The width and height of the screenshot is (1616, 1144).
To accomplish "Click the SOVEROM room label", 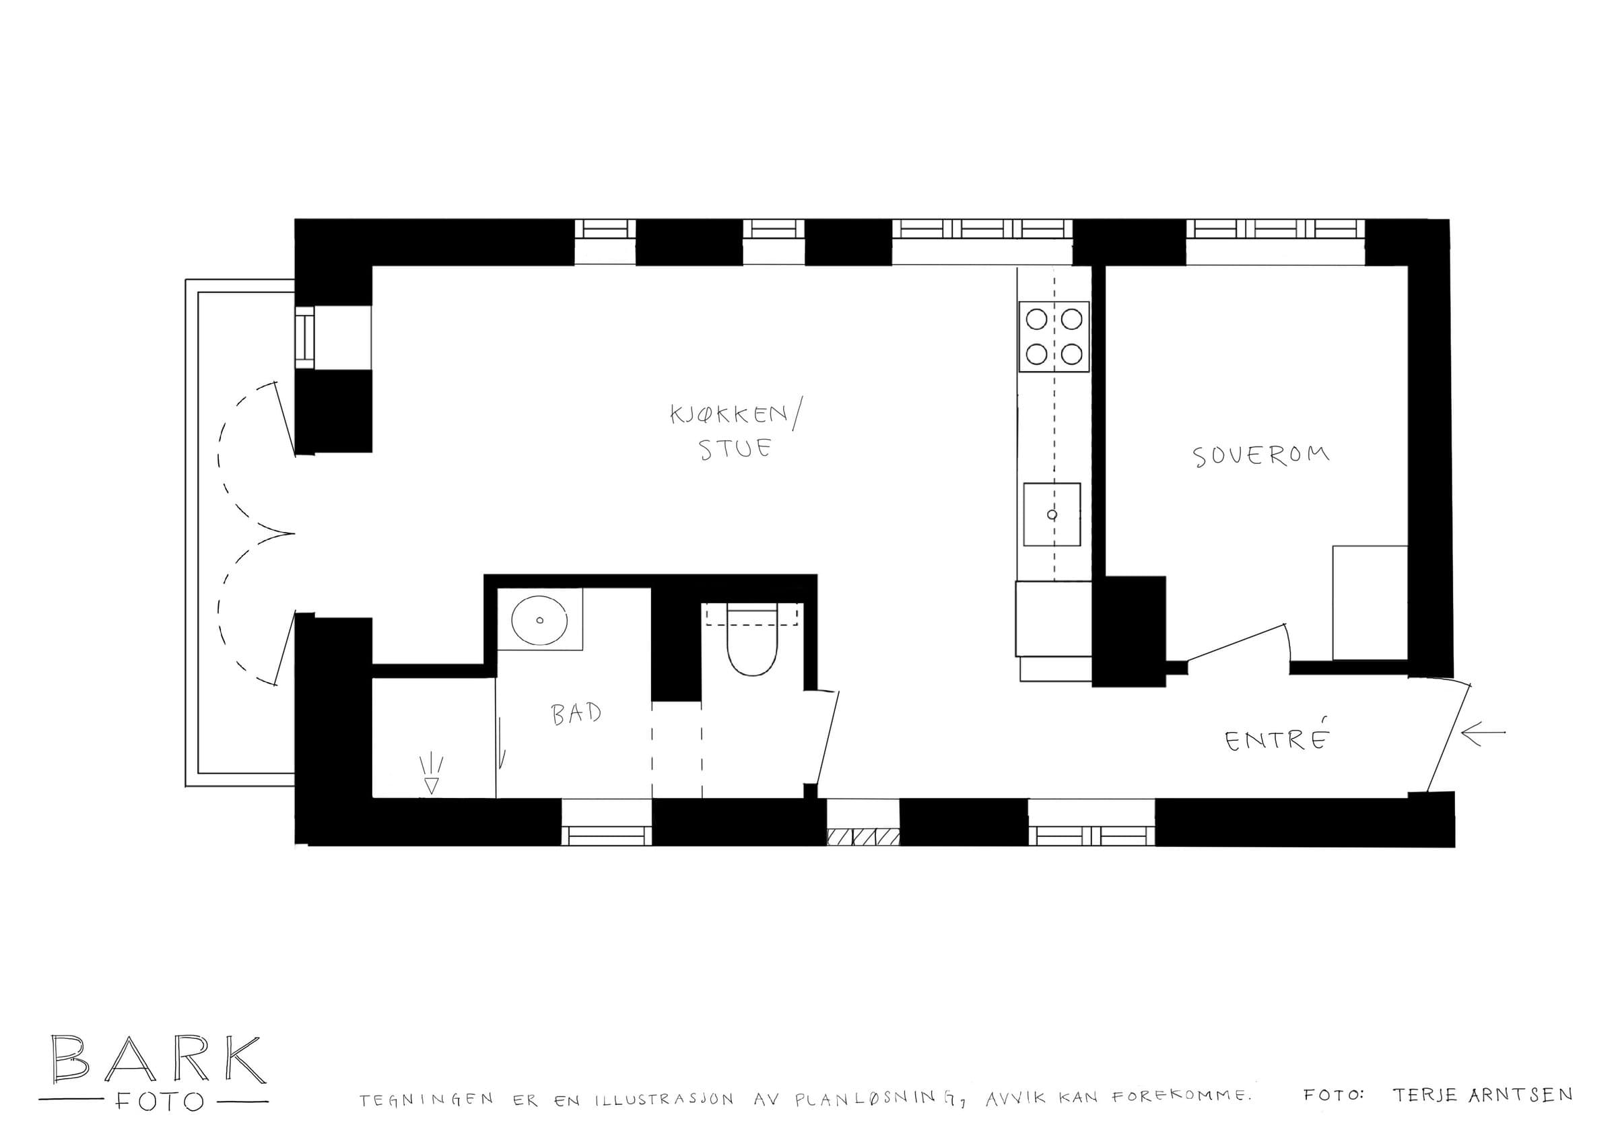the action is coord(1262,456).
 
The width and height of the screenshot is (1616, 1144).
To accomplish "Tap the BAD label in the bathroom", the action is coord(576,715).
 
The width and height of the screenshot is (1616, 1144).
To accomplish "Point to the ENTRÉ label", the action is coord(1277,741).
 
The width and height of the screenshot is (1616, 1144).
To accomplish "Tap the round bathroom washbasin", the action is coord(540,620).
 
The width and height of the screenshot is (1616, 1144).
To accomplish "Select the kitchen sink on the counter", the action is coord(1052,515).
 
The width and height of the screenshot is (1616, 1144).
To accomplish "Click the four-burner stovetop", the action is coord(1054,337).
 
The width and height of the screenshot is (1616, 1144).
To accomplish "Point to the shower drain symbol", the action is coord(431,776).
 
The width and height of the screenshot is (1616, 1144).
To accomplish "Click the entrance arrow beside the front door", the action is coord(1483,733).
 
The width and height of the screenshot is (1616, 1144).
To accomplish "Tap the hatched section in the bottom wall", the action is coord(864,837).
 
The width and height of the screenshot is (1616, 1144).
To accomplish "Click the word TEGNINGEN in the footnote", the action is coord(426,1100).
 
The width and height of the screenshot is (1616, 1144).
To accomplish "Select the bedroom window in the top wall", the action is coord(1275,230).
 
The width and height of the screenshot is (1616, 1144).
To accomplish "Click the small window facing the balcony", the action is coord(305,337).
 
